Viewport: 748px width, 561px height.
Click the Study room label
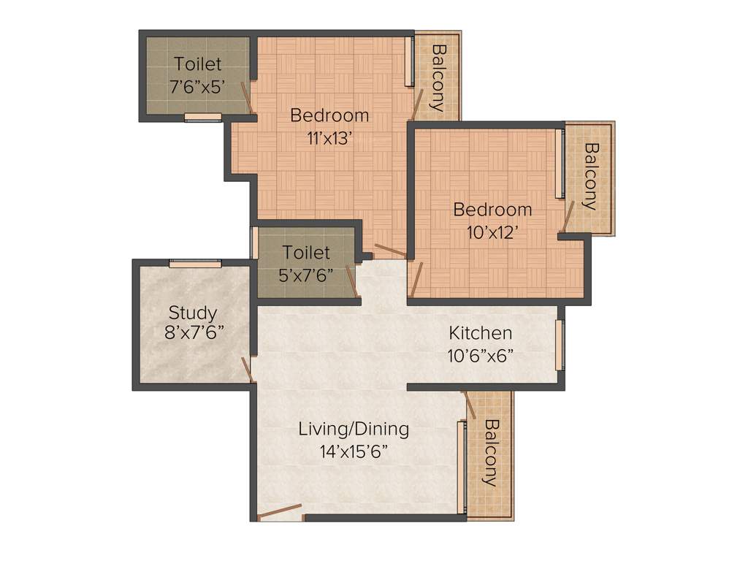click(x=193, y=313)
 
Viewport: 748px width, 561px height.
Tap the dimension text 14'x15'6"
click(x=354, y=451)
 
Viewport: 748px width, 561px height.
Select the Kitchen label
click(x=480, y=333)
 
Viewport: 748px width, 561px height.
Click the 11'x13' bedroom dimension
click(x=329, y=137)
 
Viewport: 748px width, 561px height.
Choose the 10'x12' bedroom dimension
click(x=492, y=232)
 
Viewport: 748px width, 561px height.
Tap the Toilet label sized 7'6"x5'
click(x=197, y=65)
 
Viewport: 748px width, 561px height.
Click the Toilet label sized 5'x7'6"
click(x=307, y=253)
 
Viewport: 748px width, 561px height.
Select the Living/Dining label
click(x=354, y=429)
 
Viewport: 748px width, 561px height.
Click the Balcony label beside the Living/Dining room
click(x=490, y=453)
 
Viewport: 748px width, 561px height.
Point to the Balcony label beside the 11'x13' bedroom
click(x=438, y=77)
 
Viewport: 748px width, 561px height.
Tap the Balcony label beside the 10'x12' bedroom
click(x=591, y=175)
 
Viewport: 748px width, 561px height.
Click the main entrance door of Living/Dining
click(x=280, y=511)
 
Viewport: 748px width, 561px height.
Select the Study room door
click(x=248, y=370)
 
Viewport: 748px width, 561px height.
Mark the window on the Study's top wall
click(x=195, y=264)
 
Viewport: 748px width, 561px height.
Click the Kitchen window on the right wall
click(x=560, y=345)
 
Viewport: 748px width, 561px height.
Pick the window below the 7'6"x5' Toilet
click(x=202, y=117)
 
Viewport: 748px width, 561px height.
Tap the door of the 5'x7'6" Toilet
click(x=352, y=282)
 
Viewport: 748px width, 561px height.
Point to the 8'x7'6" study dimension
click(x=194, y=332)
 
